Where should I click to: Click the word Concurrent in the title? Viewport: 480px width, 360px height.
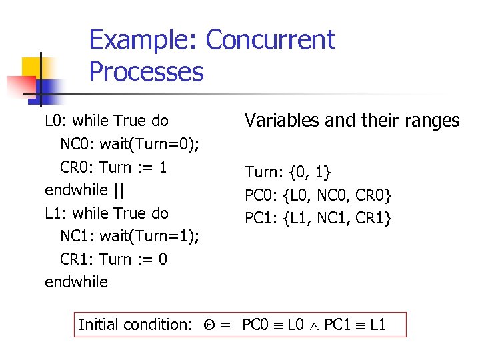coord(270,40)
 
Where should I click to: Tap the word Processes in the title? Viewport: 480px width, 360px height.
coord(146,71)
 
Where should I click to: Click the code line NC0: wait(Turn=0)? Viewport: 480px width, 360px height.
coord(130,144)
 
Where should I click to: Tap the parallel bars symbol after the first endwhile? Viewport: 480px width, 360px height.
coord(119,190)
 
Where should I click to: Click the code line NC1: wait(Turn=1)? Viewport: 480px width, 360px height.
coord(130,236)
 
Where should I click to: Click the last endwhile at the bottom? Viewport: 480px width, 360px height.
coord(76,282)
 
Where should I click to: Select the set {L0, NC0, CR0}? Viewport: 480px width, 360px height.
coord(337,195)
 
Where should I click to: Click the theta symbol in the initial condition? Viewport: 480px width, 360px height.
coord(206,325)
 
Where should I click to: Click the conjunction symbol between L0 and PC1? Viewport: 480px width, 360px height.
coord(315,326)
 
